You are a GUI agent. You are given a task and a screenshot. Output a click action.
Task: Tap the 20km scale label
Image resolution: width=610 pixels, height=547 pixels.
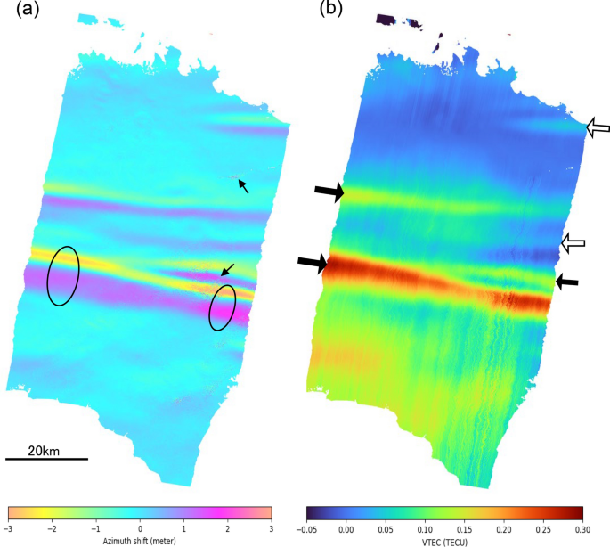pos(44,451)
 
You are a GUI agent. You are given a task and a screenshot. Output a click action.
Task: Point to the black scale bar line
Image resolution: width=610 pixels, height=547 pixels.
pos(46,460)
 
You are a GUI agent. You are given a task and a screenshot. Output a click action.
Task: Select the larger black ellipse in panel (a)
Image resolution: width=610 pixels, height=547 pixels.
pos(62,275)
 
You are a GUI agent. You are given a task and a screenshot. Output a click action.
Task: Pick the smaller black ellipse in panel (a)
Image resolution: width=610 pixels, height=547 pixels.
pos(223,307)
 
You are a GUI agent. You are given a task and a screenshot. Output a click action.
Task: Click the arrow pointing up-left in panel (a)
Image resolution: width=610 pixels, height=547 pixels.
pos(243,187)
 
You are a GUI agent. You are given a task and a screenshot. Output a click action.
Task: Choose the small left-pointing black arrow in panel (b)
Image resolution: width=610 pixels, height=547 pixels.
pos(567,282)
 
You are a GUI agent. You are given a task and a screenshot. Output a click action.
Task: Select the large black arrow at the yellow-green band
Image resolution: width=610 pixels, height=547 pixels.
pos(328,191)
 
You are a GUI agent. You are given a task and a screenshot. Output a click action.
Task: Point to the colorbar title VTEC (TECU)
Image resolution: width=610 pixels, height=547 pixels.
pos(444,542)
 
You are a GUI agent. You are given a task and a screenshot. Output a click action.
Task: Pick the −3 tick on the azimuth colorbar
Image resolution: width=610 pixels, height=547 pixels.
pos(11,528)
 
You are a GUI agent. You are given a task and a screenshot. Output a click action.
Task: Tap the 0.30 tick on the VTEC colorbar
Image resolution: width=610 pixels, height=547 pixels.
pos(582,528)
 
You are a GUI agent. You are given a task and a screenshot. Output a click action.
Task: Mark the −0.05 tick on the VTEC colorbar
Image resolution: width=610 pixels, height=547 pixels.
pos(308,528)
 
